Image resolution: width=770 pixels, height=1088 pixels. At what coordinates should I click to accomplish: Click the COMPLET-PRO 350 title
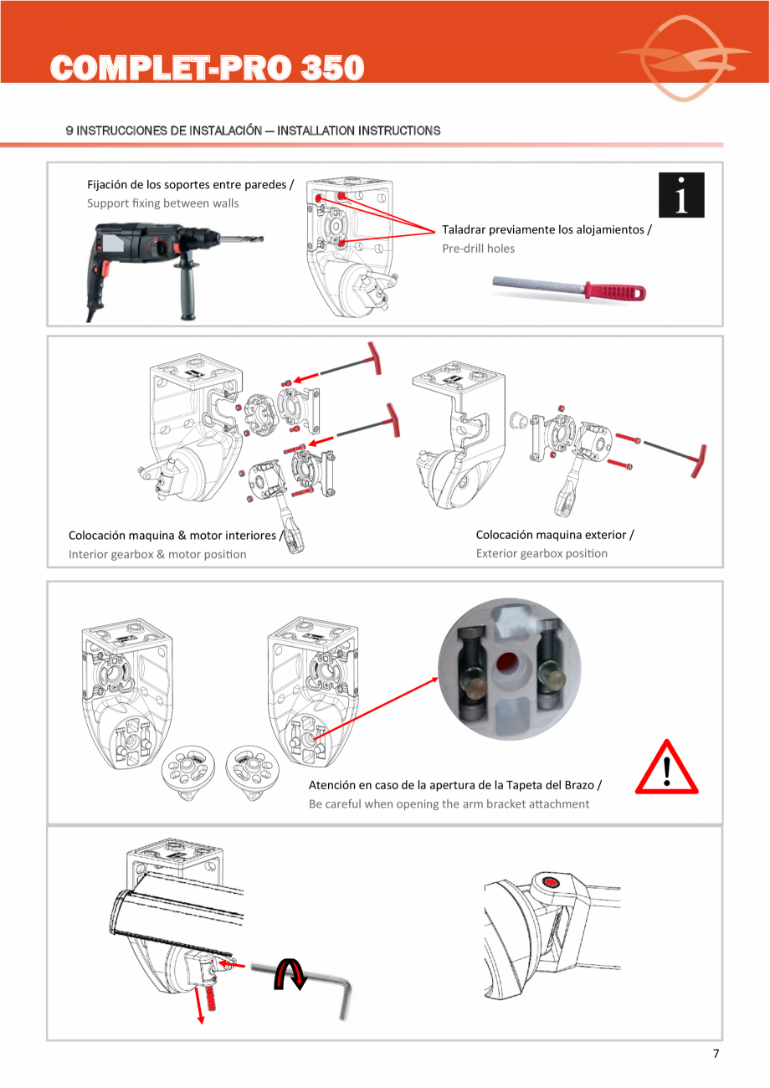click(x=208, y=68)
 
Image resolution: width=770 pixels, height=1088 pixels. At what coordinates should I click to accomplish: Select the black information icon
click(x=681, y=195)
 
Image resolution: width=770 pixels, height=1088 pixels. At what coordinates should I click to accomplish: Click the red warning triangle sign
click(x=666, y=769)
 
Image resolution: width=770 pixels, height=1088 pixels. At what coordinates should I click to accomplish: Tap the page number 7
click(x=716, y=1054)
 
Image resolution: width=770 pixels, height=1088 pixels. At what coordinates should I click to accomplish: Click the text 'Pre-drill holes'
click(x=478, y=249)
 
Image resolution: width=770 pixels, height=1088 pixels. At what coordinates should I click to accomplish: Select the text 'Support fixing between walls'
click(x=162, y=203)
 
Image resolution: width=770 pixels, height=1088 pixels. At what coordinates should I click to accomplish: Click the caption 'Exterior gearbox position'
click(x=542, y=553)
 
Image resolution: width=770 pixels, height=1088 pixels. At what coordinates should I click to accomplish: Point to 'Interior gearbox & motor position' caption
click(x=157, y=554)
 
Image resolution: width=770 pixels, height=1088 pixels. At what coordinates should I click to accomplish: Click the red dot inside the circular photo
click(x=506, y=665)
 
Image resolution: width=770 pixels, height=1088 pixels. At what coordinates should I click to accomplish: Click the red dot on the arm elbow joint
click(x=550, y=881)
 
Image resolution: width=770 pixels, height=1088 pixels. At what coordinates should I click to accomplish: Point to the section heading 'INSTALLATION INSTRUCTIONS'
click(x=358, y=131)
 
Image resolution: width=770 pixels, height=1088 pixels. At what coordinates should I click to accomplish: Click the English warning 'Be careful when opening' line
click(x=449, y=804)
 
